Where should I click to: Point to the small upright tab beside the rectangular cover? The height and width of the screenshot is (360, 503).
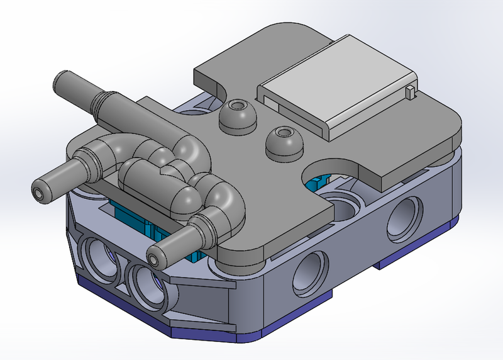(411, 93)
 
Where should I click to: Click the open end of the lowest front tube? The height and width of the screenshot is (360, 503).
(155, 258)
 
